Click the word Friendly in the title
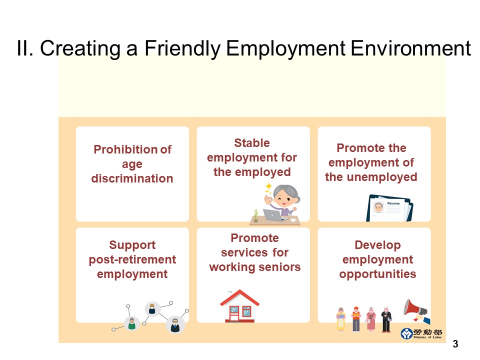click(x=182, y=49)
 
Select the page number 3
click(x=455, y=343)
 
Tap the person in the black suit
click(x=385, y=319)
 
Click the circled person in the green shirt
click(x=131, y=324)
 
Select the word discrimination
click(x=132, y=178)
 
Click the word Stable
click(x=251, y=143)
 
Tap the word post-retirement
click(x=132, y=259)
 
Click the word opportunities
click(x=377, y=274)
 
